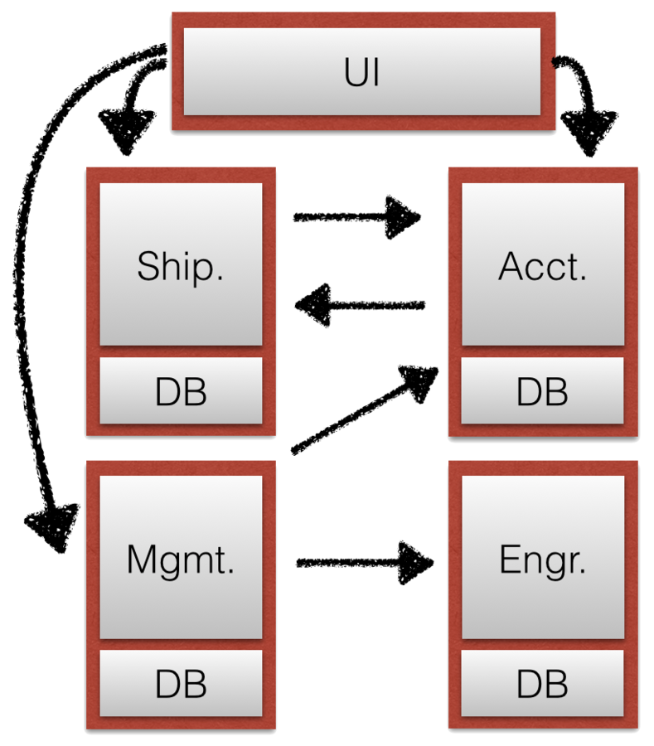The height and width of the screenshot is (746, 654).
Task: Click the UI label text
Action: pyautogui.click(x=362, y=73)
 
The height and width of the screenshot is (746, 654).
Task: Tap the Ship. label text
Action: pyautogui.click(x=181, y=266)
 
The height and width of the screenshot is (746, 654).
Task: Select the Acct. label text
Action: pyautogui.click(x=542, y=266)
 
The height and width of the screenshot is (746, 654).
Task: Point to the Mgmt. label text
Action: pyautogui.click(x=181, y=561)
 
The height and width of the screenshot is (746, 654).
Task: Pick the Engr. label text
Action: pyautogui.click(x=542, y=561)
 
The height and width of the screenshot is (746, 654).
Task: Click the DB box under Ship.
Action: pyautogui.click(x=181, y=391)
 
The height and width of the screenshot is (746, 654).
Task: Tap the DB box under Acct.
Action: pyautogui.click(x=542, y=391)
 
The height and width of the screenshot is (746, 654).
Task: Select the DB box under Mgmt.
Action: pyautogui.click(x=181, y=685)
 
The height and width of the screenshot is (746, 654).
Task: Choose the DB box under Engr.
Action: pyautogui.click(x=542, y=685)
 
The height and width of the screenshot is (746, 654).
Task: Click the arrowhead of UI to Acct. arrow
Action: pyautogui.click(x=589, y=133)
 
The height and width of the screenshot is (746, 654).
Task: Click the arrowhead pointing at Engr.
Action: pyautogui.click(x=414, y=563)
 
